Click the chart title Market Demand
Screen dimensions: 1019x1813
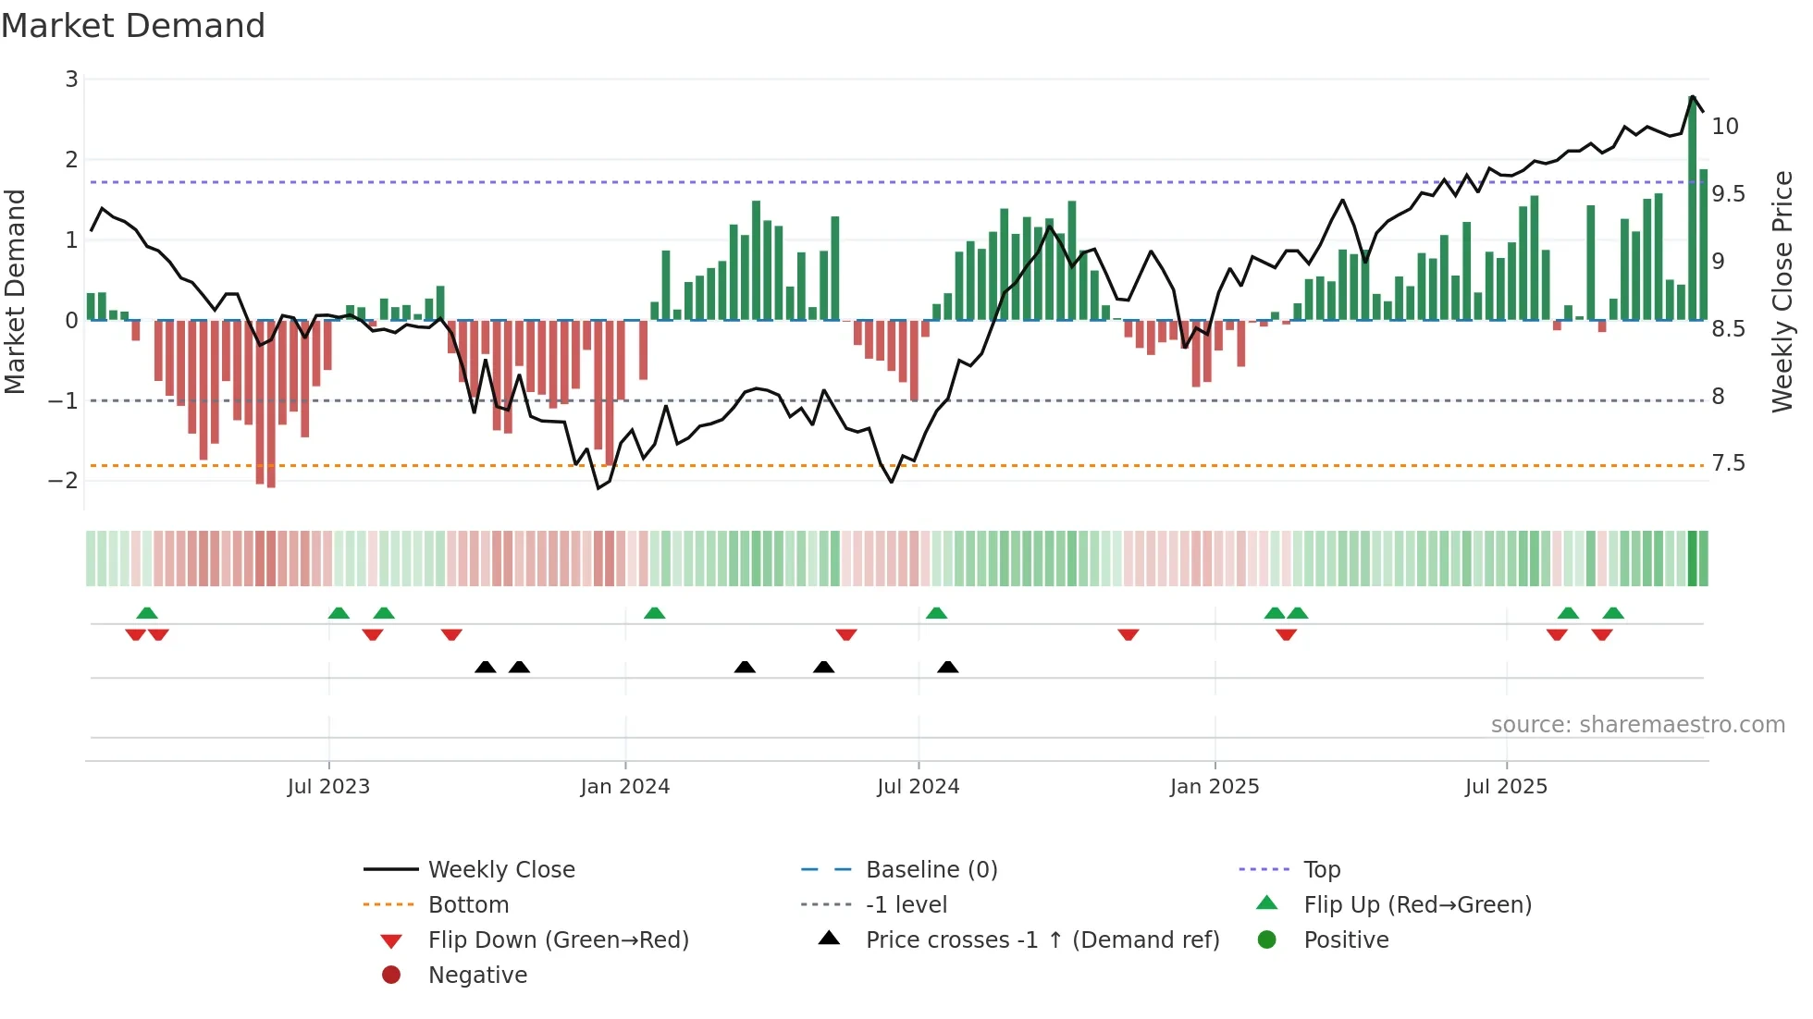(x=133, y=26)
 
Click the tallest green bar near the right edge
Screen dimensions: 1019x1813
(x=1693, y=209)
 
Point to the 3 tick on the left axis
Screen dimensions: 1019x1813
(x=71, y=80)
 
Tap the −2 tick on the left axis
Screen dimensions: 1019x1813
(x=64, y=481)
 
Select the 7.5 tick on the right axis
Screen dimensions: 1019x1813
(x=1728, y=463)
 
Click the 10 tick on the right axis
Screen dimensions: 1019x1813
(x=1725, y=127)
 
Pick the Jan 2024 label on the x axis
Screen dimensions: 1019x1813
(x=624, y=787)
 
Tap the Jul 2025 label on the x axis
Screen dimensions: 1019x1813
(x=1506, y=787)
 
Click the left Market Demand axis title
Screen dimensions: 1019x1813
(x=16, y=291)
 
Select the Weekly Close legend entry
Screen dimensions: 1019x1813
(x=501, y=870)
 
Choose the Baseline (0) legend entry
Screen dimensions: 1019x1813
(x=931, y=870)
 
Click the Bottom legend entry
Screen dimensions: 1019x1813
(x=468, y=905)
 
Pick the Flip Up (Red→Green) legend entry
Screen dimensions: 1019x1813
(x=1417, y=905)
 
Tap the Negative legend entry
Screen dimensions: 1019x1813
(x=477, y=976)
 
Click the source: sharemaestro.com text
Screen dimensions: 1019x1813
(x=1637, y=725)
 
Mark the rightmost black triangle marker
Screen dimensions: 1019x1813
(x=947, y=667)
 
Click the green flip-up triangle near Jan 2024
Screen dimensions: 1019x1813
(x=654, y=613)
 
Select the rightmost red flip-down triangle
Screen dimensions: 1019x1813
(x=1602, y=634)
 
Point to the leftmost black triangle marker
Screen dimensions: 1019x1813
(x=485, y=667)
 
